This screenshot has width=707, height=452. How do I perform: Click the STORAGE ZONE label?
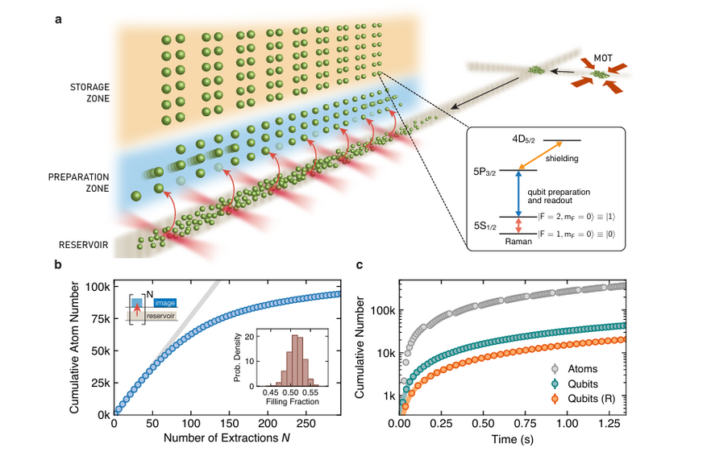89,91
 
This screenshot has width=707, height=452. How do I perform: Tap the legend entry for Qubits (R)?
597,397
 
